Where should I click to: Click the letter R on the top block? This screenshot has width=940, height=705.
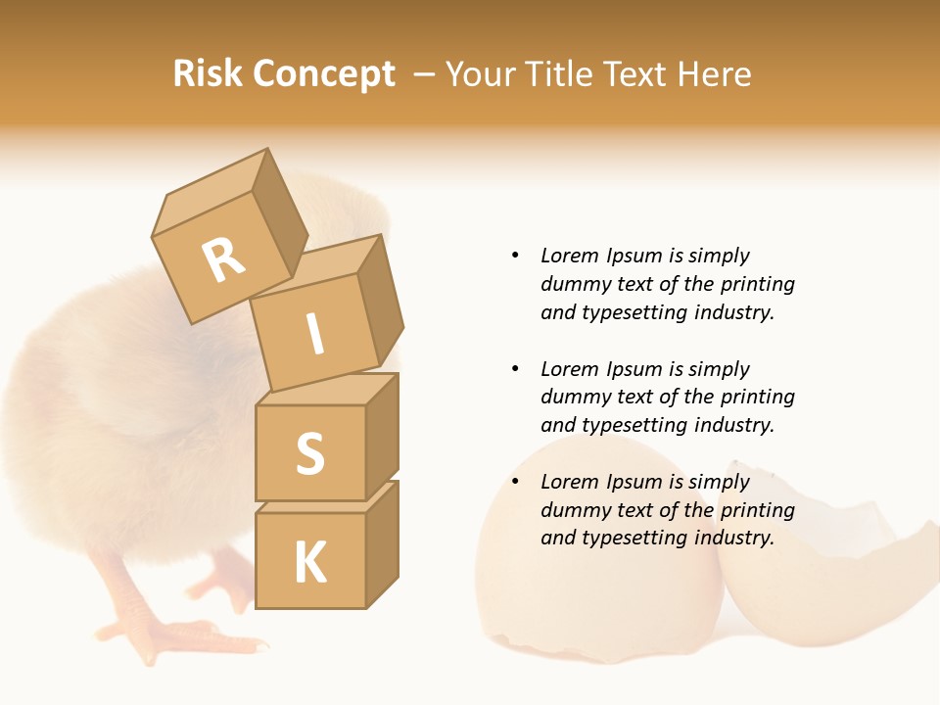(x=224, y=259)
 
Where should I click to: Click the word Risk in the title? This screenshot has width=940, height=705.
(x=207, y=73)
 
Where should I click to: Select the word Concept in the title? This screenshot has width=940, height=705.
(x=324, y=73)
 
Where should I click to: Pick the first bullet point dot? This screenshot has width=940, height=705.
(x=515, y=256)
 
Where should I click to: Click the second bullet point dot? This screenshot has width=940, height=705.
(x=515, y=369)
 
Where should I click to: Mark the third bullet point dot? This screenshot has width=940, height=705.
(x=515, y=482)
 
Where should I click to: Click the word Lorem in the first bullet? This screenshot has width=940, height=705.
(x=568, y=256)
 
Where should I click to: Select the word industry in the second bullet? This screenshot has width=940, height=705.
(x=733, y=425)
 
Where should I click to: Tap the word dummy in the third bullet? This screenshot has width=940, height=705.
(x=575, y=509)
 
